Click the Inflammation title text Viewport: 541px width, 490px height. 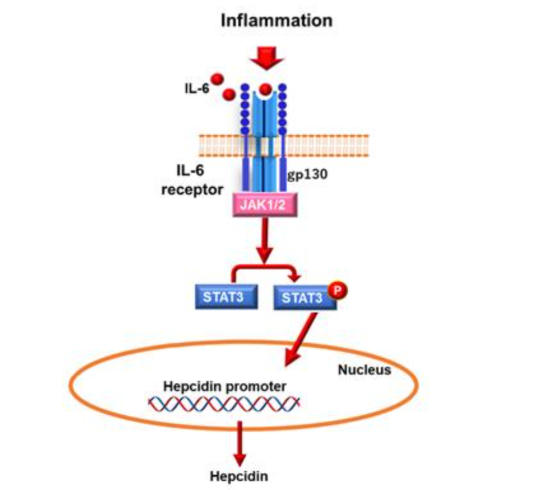[x=276, y=20]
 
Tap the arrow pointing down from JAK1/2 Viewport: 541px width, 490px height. [x=266, y=242]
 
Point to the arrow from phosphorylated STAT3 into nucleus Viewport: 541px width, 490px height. [x=302, y=341]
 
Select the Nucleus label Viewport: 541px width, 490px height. [x=364, y=369]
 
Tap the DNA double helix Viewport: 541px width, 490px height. [x=224, y=405]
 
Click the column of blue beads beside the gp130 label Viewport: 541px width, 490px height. [x=283, y=110]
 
